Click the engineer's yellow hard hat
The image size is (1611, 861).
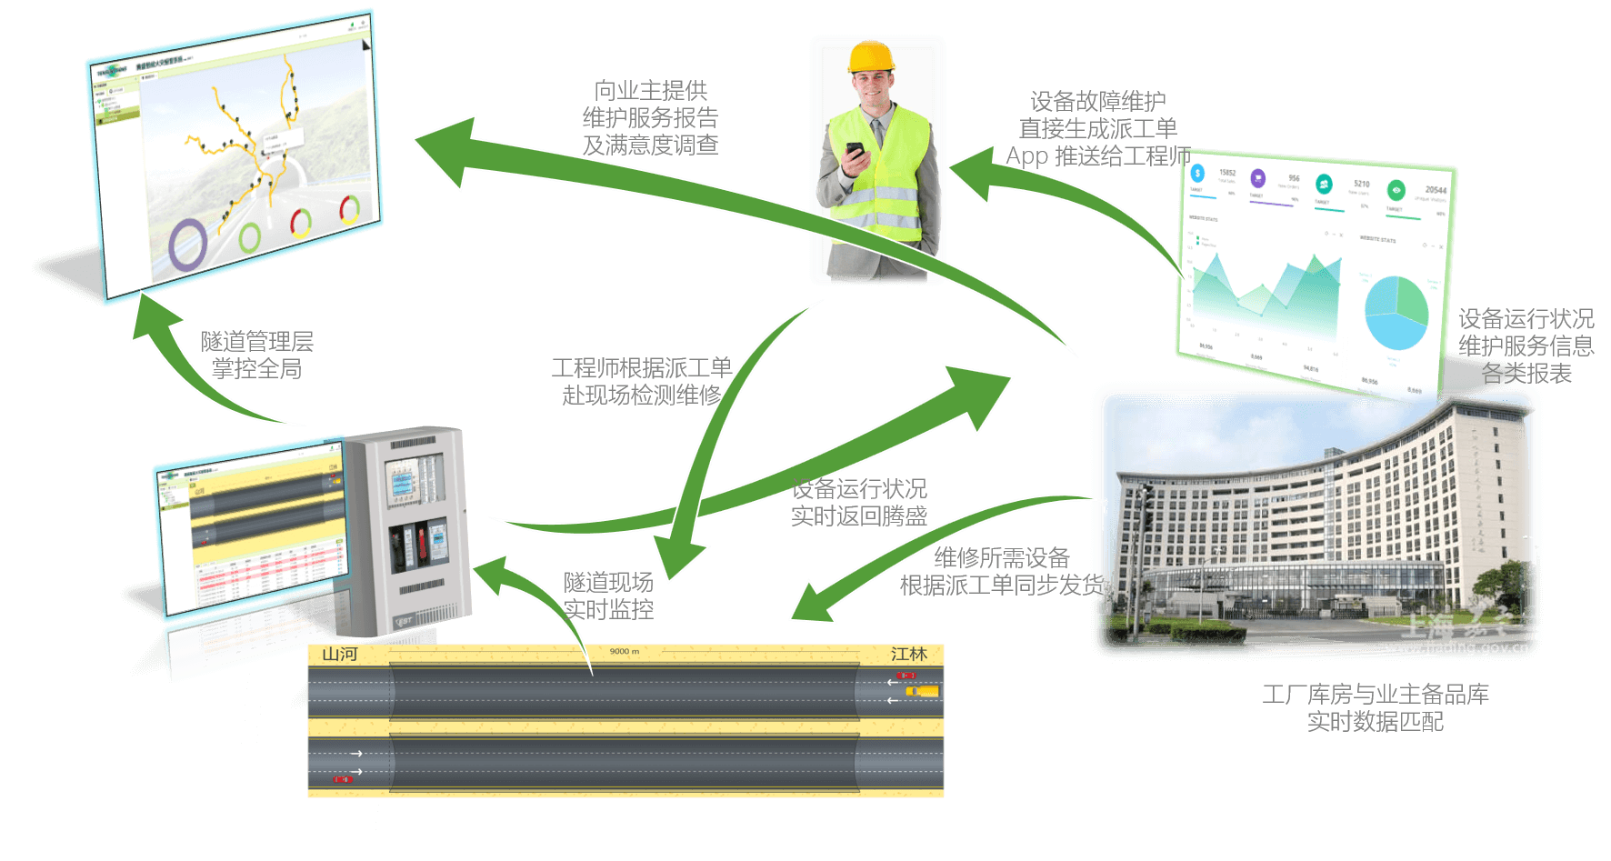click(x=872, y=56)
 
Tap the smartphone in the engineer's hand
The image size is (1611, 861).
click(x=856, y=151)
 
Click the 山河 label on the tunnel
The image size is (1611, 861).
click(x=340, y=655)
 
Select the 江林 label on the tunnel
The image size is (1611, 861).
click(x=909, y=655)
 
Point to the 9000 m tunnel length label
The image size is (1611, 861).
click(x=625, y=652)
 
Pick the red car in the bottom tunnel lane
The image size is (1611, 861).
click(x=342, y=780)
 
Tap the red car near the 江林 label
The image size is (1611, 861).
click(x=906, y=676)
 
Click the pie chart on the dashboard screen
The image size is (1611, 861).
click(x=1396, y=312)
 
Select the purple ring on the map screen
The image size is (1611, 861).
click(x=189, y=244)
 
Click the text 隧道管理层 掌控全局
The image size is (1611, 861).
click(x=257, y=355)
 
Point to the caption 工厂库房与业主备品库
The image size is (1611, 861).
click(x=1376, y=695)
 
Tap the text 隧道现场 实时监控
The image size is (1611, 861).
click(x=608, y=596)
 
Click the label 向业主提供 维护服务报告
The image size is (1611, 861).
click(x=650, y=104)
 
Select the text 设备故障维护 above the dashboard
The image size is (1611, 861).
click(x=1098, y=101)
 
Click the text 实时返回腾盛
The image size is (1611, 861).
click(x=859, y=516)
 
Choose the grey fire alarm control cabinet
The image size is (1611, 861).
click(x=409, y=532)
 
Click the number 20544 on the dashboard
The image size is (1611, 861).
click(x=1436, y=190)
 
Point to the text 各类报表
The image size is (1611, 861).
click(x=1526, y=374)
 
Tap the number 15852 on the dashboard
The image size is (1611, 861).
click(x=1227, y=172)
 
